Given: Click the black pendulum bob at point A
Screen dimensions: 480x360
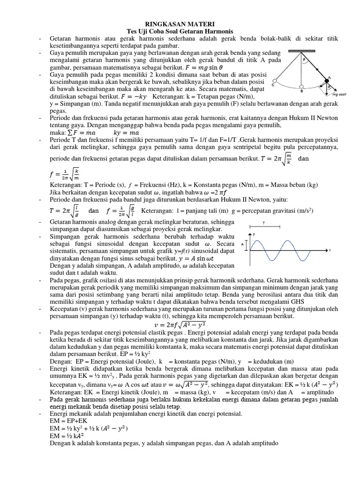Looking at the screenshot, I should click(327, 82).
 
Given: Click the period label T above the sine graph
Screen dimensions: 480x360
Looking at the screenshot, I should click(263, 224).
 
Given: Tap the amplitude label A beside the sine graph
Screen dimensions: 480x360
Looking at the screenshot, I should click(242, 244).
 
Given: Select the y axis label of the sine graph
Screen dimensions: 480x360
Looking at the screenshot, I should click(254, 234).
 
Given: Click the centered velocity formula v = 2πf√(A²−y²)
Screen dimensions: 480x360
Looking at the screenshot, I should click(180, 324).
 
